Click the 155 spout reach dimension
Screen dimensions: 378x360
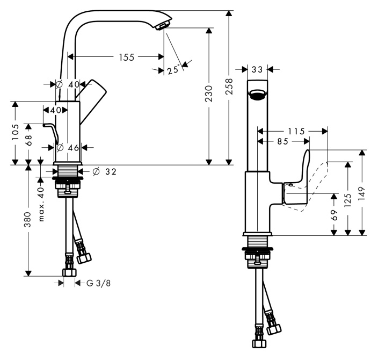pyautogui.click(x=127, y=57)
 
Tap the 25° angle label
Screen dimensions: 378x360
pyautogui.click(x=173, y=69)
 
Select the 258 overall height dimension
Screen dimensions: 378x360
pyautogui.click(x=229, y=86)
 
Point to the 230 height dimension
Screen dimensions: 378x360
pyautogui.click(x=209, y=93)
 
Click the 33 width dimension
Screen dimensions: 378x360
pyautogui.click(x=257, y=69)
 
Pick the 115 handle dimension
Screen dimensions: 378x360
pyautogui.click(x=296, y=132)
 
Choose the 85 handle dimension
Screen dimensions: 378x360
pyautogui.click(x=282, y=141)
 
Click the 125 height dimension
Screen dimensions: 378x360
pyautogui.click(x=348, y=200)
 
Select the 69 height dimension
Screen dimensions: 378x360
pyautogui.click(x=334, y=215)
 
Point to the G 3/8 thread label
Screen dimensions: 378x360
pyautogui.click(x=98, y=283)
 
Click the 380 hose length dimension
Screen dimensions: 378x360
pyautogui.click(x=28, y=220)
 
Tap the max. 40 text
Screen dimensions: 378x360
pyautogui.click(x=41, y=204)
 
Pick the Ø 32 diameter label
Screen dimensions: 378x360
pyautogui.click(x=104, y=171)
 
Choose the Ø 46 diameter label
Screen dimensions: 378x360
pyautogui.click(x=68, y=147)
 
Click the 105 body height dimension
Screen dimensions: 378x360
pyautogui.click(x=15, y=132)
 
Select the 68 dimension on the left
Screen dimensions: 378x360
pyautogui.click(x=28, y=140)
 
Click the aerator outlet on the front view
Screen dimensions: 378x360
pyautogui.click(x=258, y=95)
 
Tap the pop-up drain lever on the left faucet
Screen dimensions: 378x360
pyautogui.click(x=52, y=132)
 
